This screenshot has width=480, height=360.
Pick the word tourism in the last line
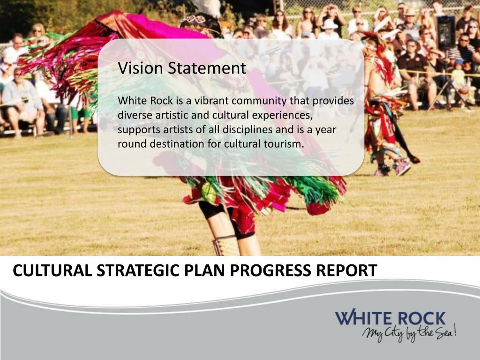[x=285, y=144]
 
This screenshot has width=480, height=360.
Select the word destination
[x=178, y=144]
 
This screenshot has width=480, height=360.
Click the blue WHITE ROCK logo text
[x=390, y=319]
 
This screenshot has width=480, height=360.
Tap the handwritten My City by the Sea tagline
[x=409, y=334]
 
